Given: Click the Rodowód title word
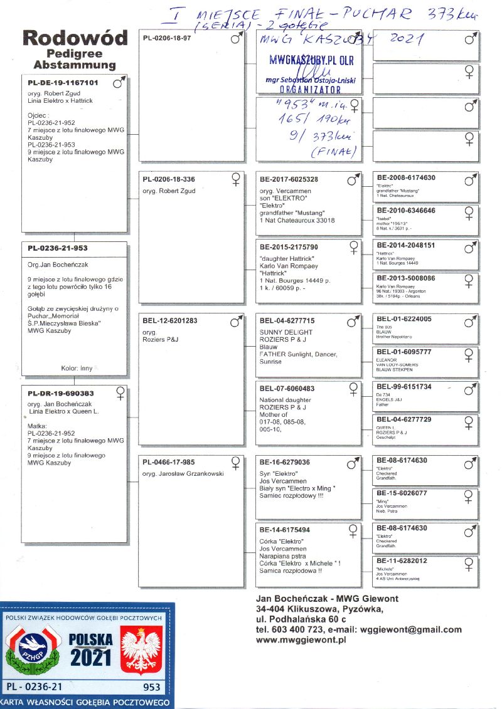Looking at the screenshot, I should point(75,38).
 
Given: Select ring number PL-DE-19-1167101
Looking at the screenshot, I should point(63,83).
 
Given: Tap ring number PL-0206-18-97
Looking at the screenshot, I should point(166,38).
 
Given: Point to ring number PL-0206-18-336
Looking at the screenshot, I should point(169,180).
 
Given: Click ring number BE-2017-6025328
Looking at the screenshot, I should point(289,180).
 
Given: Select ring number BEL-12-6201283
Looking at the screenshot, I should point(170,321).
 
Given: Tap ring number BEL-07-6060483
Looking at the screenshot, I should point(287,389).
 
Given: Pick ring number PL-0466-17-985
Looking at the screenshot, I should point(169,463).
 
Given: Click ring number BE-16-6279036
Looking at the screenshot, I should point(285,463).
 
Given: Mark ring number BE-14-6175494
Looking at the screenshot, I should point(285,530).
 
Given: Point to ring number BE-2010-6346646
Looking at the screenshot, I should point(406,211).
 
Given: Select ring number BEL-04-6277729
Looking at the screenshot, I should point(404,419).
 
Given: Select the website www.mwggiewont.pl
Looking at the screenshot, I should point(301,640).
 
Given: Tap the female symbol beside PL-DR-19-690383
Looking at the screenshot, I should point(120,394).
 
